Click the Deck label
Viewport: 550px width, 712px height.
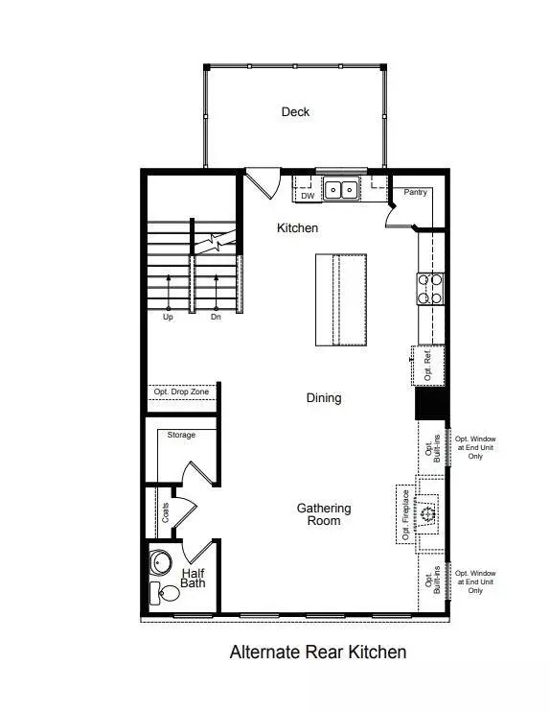pos(295,111)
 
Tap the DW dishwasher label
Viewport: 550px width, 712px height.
pos(308,196)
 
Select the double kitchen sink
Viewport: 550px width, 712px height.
pos(341,189)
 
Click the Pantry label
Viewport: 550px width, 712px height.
pos(415,192)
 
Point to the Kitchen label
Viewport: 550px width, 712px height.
pos(297,227)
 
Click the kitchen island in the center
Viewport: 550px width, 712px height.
pos(341,300)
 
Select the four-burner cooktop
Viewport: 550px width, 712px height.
pos(430,289)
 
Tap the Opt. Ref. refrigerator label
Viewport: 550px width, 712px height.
pos(427,366)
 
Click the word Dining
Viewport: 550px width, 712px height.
pos(324,398)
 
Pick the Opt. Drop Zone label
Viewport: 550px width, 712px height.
pos(181,392)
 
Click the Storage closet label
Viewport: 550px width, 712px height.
pos(181,435)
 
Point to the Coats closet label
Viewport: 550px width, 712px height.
pos(165,512)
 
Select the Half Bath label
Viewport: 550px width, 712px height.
pos(194,578)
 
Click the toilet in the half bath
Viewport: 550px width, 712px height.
pos(165,593)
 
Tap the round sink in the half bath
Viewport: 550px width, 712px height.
pos(160,563)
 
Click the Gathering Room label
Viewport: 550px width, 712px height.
pos(324,514)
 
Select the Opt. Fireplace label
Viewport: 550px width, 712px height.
pos(406,514)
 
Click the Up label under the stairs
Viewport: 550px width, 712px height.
pos(168,317)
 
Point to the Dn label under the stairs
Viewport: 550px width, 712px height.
pos(216,317)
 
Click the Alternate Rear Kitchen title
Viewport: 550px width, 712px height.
pos(318,653)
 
